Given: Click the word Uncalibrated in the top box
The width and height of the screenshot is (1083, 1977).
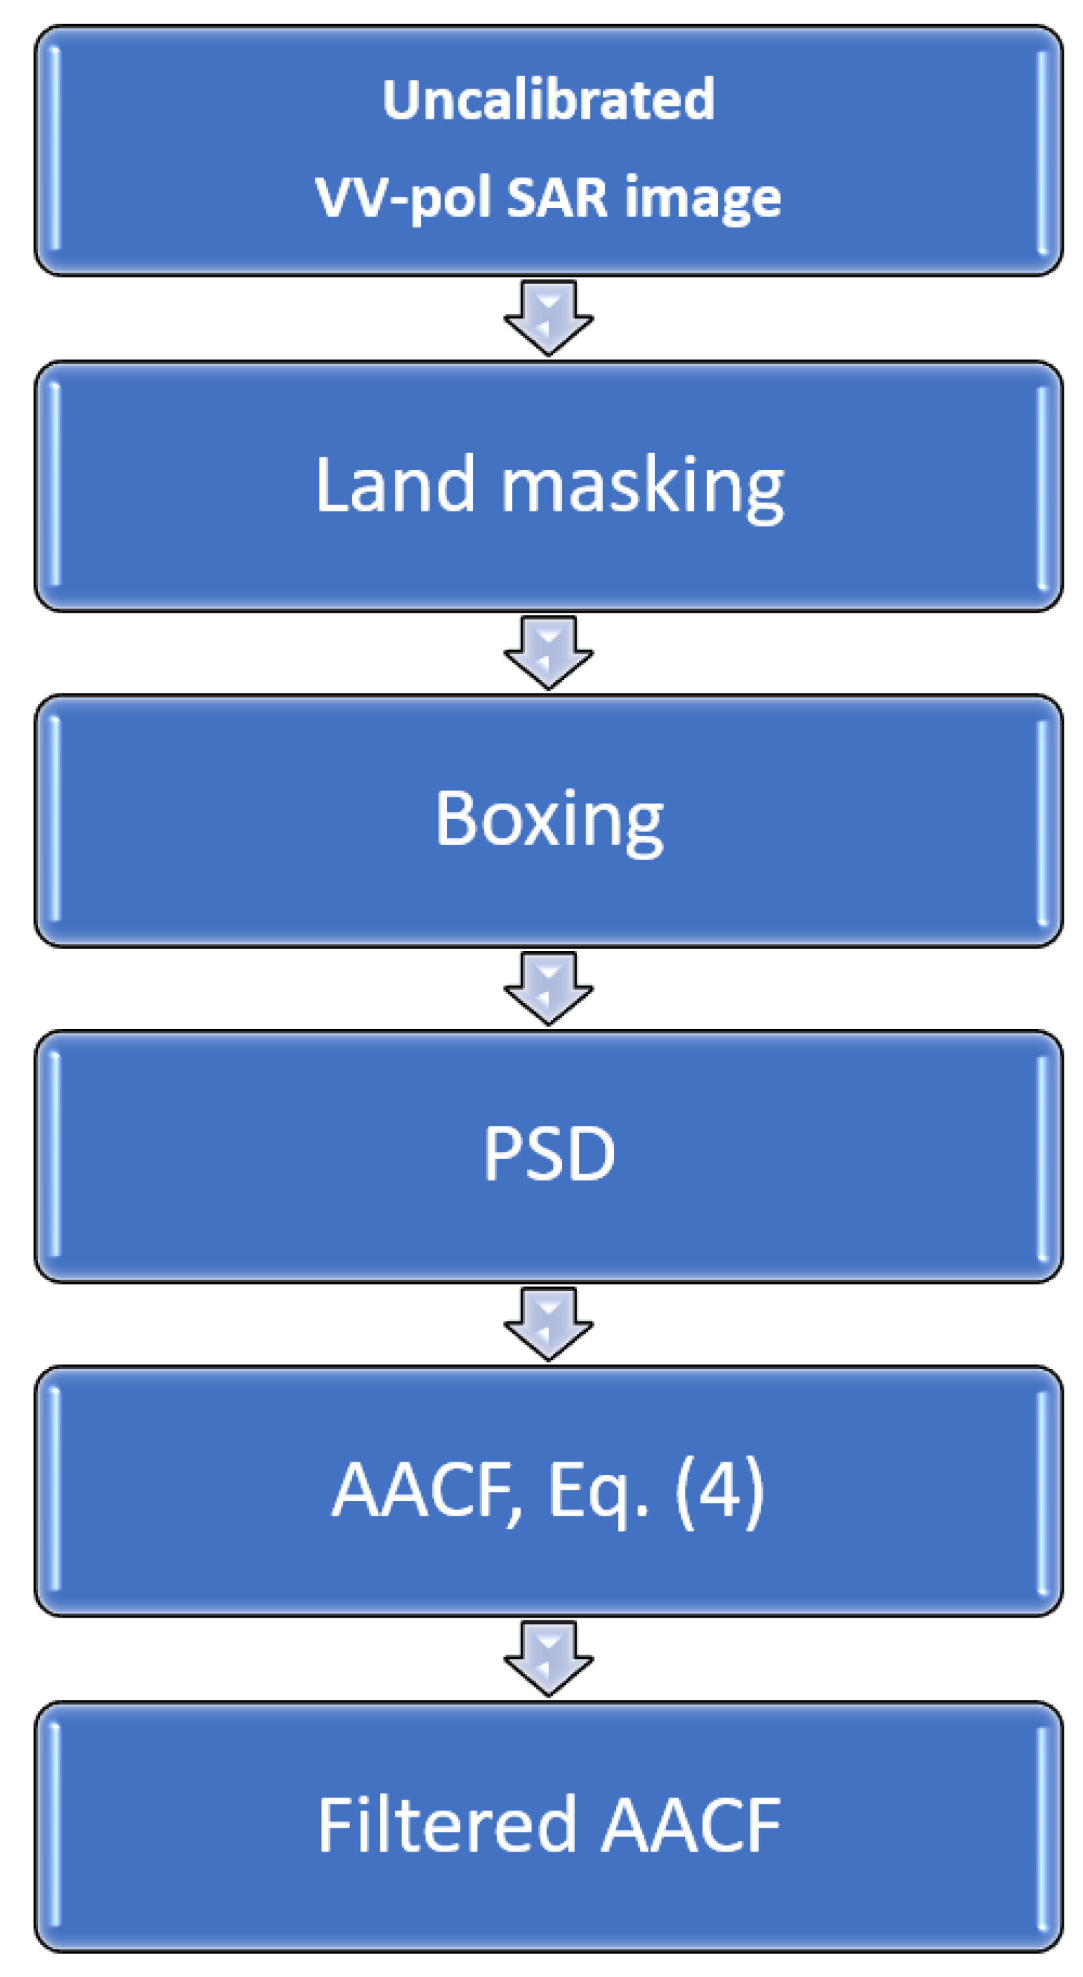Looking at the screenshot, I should pos(548,100).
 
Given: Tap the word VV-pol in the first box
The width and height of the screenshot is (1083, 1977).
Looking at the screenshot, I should pos(403,198).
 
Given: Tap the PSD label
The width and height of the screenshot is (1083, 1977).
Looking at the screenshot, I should pos(548,1154).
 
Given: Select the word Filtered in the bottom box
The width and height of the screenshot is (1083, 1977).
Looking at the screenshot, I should pos(447,1825).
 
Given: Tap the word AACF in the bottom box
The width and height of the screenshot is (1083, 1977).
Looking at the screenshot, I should pos(690,1825).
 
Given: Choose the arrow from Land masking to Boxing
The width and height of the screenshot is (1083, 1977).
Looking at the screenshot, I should pos(548,652).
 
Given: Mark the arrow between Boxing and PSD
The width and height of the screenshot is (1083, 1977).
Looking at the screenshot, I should pos(548,988).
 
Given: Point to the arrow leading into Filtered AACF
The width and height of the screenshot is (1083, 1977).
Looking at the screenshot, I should pos(548,1658).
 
